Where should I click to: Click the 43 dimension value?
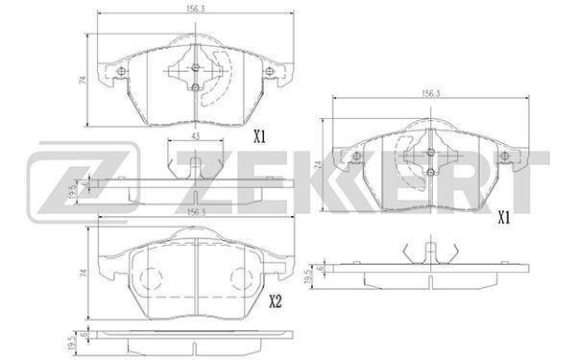coord(196,136)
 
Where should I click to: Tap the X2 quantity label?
coord(276,302)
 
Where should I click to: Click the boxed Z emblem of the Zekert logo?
coord(84,182)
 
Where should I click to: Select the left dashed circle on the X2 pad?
coord(151,278)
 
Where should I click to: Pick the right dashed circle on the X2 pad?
coord(241,278)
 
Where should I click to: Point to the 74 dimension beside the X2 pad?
coord(84,273)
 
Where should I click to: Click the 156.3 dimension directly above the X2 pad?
coord(196,212)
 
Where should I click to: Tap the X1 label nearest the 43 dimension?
coord(260,137)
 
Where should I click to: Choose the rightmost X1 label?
coord(504,219)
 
